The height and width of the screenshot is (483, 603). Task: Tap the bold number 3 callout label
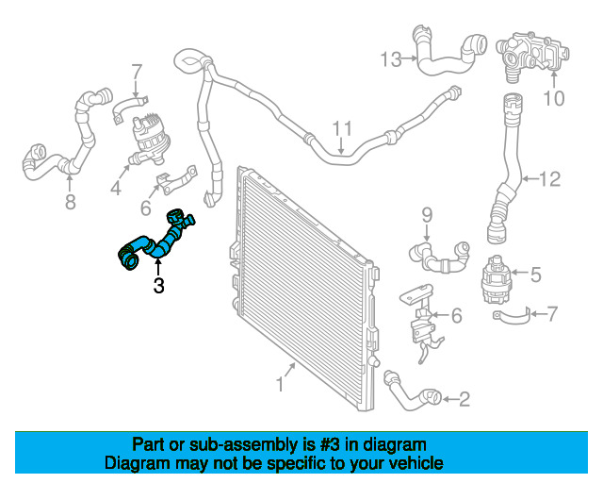click(x=158, y=286)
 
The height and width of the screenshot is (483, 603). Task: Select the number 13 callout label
click(x=391, y=59)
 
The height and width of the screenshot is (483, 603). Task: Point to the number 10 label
click(x=554, y=98)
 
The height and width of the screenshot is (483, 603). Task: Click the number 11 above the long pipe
click(x=342, y=128)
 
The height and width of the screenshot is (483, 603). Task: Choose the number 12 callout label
click(x=550, y=178)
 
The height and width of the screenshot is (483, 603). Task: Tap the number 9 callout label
click(x=427, y=215)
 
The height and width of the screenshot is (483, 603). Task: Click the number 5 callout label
click(x=536, y=275)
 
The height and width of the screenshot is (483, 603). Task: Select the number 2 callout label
click(x=464, y=399)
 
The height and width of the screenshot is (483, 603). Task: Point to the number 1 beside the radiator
click(x=280, y=384)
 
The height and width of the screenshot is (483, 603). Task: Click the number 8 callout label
click(x=70, y=202)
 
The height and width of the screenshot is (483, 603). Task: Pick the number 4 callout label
click(x=116, y=188)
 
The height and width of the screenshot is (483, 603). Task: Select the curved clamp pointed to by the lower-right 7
click(x=512, y=317)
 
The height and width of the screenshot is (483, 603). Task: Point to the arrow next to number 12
click(x=530, y=178)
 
